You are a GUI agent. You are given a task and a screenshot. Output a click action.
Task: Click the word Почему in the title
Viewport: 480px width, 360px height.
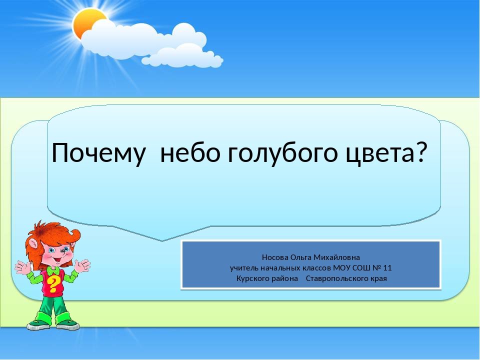pyautogui.click(x=97, y=153)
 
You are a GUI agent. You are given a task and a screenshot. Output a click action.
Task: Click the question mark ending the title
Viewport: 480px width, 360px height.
pyautogui.click(x=419, y=151)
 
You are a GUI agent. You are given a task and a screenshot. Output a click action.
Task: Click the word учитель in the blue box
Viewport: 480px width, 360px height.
pyautogui.click(x=244, y=268)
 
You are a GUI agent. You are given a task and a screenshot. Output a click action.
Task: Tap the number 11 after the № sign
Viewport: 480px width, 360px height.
pyautogui.click(x=387, y=268)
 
